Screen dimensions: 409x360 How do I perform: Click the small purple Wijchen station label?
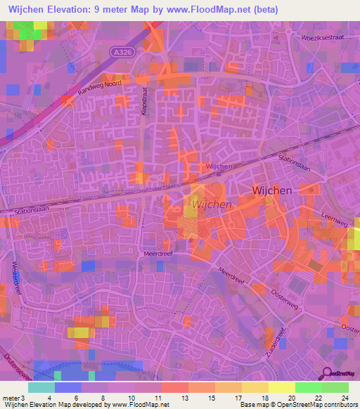pos(220,167)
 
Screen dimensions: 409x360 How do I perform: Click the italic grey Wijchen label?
pos(212,204)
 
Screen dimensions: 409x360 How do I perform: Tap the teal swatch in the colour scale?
pos(41,387)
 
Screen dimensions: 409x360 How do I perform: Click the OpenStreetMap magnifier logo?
pos(326,374)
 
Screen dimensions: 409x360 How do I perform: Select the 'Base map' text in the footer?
pos(254,405)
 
